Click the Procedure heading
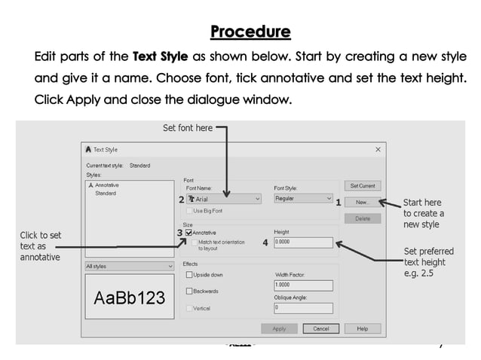pyautogui.click(x=250, y=32)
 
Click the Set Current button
pyautogui.click(x=363, y=185)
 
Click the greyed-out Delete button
pyautogui.click(x=363, y=218)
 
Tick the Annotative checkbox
pyautogui.click(x=189, y=233)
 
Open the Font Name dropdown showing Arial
pyautogui.click(x=224, y=200)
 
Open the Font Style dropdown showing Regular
pyautogui.click(x=303, y=199)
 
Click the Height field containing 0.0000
pyautogui.click(x=303, y=243)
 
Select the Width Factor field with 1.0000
pyautogui.click(x=303, y=285)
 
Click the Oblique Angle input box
pyautogui.click(x=303, y=307)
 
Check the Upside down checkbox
pyautogui.click(x=189, y=275)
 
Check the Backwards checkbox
pyautogui.click(x=189, y=291)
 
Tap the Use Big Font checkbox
pyautogui.click(x=189, y=211)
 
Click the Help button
pyautogui.click(x=363, y=328)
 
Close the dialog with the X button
pyautogui.click(x=378, y=150)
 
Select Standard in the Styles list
pyautogui.click(x=106, y=194)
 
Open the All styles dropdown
pyautogui.click(x=129, y=266)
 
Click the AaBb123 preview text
pyautogui.click(x=129, y=298)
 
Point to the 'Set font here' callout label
pyautogui.click(x=188, y=128)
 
